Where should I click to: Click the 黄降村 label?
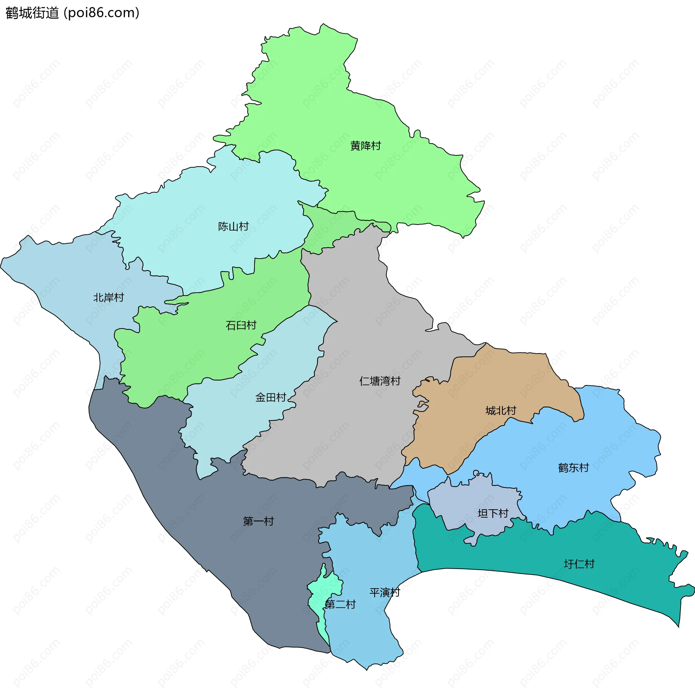[366, 146]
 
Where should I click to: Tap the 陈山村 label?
[233, 227]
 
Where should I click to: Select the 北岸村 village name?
[109, 298]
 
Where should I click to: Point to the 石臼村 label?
[241, 326]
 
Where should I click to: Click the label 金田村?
[271, 398]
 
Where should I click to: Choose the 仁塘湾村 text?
[380, 381]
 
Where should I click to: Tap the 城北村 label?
[501, 411]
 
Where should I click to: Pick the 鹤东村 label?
[573, 468]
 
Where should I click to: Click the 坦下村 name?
[493, 513]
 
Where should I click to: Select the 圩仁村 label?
[579, 564]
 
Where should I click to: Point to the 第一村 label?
[258, 522]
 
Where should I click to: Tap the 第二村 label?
[340, 604]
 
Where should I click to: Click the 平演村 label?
[385, 593]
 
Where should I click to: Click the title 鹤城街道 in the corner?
[32, 13]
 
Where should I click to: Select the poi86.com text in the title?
[101, 13]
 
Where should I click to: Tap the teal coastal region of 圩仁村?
[543, 551]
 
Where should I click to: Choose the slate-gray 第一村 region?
[217, 507]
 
